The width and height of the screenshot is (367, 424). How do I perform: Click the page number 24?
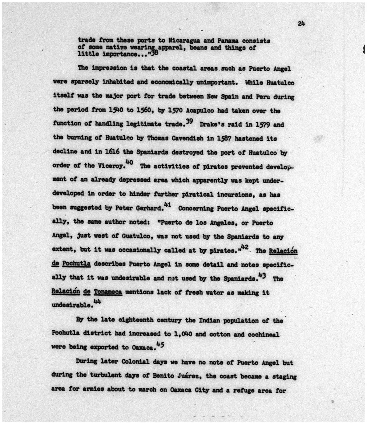(301, 24)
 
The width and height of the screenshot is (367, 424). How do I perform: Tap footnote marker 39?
(190, 122)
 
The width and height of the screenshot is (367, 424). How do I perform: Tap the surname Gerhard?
(149, 208)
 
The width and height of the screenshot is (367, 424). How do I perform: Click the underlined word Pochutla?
(76, 264)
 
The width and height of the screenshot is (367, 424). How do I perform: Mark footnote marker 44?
(97, 302)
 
